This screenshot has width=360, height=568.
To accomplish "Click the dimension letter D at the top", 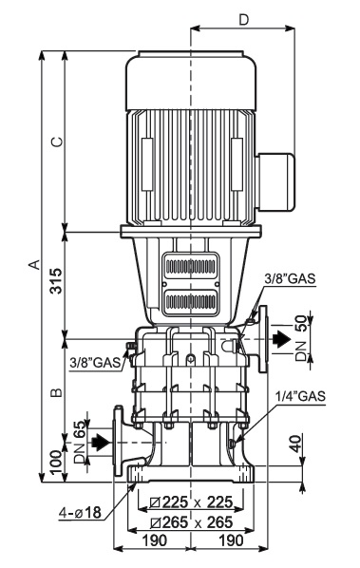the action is tap(244, 20).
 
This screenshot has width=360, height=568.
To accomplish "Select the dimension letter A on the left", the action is tap(35, 264).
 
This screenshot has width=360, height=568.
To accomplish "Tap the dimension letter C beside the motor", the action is tap(57, 142).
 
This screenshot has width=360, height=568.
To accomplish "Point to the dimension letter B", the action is tap(57, 392).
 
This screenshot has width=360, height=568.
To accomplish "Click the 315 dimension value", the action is tap(56, 281).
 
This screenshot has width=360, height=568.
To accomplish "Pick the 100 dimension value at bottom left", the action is tap(56, 463).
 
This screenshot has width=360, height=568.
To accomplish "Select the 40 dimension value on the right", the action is tap(296, 444).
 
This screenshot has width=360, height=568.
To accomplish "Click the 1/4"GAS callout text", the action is tap(300, 396).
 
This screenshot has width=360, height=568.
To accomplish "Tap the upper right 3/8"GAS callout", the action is tap(290, 278).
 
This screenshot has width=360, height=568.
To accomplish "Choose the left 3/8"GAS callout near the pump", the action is tap(95, 362).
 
